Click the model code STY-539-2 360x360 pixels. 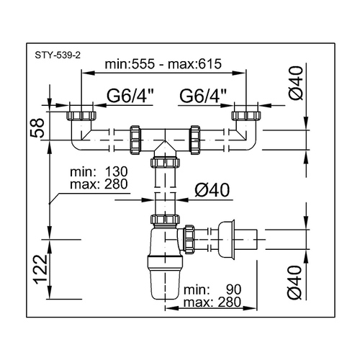pyautogui.click(x=58, y=55)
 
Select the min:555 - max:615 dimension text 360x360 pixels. pyautogui.click(x=163, y=64)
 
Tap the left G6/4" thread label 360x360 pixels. pyautogui.click(x=130, y=96)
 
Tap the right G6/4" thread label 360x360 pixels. pyautogui.click(x=203, y=96)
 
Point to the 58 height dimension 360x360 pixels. pyautogui.click(x=37, y=127)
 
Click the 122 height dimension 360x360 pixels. pyautogui.click(x=40, y=269)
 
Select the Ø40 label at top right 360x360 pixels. pyautogui.click(x=296, y=83)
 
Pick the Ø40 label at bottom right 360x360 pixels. pyautogui.click(x=294, y=282)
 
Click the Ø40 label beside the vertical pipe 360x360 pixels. pyautogui.click(x=212, y=190)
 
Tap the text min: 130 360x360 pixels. pyautogui.click(x=99, y=172)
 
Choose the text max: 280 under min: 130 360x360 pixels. pyautogui.click(x=99, y=184)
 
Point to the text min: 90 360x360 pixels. pyautogui.click(x=212, y=289)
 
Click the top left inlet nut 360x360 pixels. pyautogui.click(x=81, y=115)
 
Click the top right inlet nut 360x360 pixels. pyautogui.click(x=246, y=115)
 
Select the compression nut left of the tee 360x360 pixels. pyautogui.click(x=135, y=140)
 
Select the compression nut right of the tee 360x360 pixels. pyautogui.click(x=195, y=140)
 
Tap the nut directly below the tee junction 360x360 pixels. pyautogui.click(x=165, y=163)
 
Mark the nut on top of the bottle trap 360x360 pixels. pyautogui.click(x=165, y=219)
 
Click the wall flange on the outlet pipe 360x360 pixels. pyautogui.click(x=226, y=240)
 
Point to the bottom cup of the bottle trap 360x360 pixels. pyautogui.click(x=165, y=284)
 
